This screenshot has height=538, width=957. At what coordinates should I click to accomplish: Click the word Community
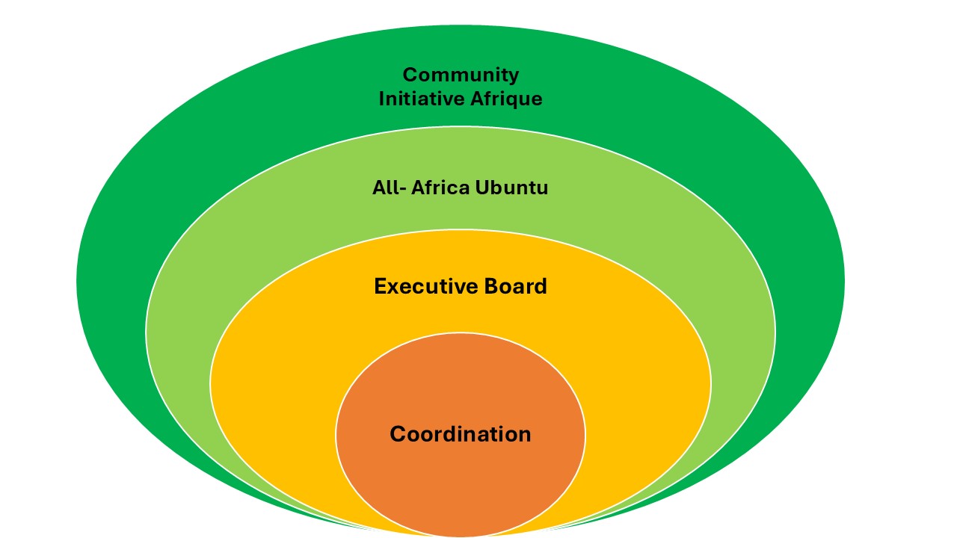click(461, 75)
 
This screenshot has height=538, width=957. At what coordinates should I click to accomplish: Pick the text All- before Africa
click(387, 188)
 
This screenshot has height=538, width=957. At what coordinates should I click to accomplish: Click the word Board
click(514, 286)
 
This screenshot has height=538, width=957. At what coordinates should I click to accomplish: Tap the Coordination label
click(461, 434)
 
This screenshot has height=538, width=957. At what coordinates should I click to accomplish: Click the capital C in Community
click(409, 75)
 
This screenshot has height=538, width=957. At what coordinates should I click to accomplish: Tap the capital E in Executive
click(380, 286)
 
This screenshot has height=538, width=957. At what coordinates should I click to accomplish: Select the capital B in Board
click(488, 286)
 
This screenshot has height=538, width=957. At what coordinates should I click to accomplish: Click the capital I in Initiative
click(382, 99)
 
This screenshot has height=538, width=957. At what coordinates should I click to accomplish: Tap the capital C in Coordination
click(397, 434)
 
